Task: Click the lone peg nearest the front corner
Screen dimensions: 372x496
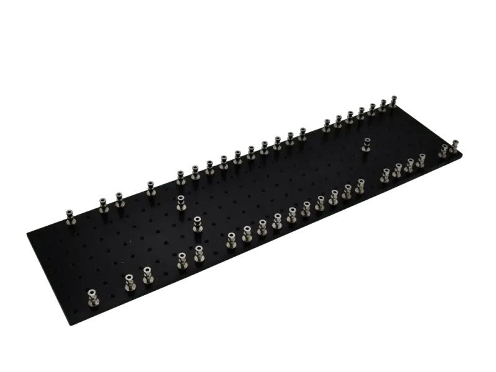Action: coord(92,296)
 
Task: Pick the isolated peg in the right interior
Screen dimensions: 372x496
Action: coord(366,144)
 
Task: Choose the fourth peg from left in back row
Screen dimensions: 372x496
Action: coord(149,187)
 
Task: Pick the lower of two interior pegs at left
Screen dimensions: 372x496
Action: coord(197,223)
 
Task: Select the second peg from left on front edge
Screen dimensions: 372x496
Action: coord(130,283)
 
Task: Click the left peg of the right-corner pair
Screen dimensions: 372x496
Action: coord(443,151)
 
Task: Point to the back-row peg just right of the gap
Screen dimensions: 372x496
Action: coord(327,126)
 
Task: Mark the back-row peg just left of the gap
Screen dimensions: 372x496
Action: coord(302,133)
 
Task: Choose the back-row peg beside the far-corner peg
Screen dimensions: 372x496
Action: coord(382,106)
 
